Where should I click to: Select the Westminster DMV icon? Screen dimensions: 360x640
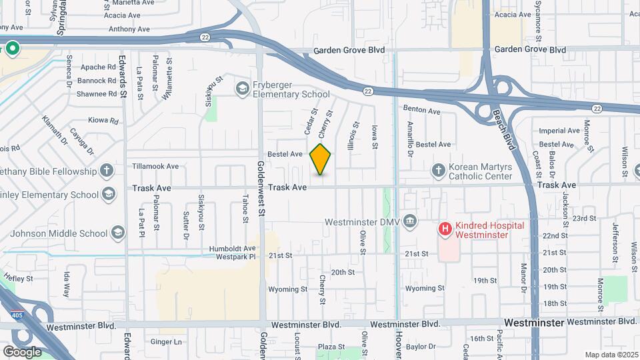(409, 221)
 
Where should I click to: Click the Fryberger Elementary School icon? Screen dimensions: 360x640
(241, 88)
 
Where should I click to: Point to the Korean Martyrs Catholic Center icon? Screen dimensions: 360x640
(439, 171)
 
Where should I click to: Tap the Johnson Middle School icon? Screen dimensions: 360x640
(118, 233)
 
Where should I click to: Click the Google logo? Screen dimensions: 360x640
(22, 351)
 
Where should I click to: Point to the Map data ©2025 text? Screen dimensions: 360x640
(610, 355)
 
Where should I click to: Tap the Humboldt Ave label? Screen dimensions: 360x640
(232, 248)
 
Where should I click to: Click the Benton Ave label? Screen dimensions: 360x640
(421, 110)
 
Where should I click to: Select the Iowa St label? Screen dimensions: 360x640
(375, 137)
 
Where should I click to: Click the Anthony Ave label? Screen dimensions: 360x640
(130, 29)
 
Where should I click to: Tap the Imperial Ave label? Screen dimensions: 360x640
(559, 131)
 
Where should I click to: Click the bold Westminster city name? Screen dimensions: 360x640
(534, 323)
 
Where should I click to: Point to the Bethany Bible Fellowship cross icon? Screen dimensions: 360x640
(106, 171)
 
